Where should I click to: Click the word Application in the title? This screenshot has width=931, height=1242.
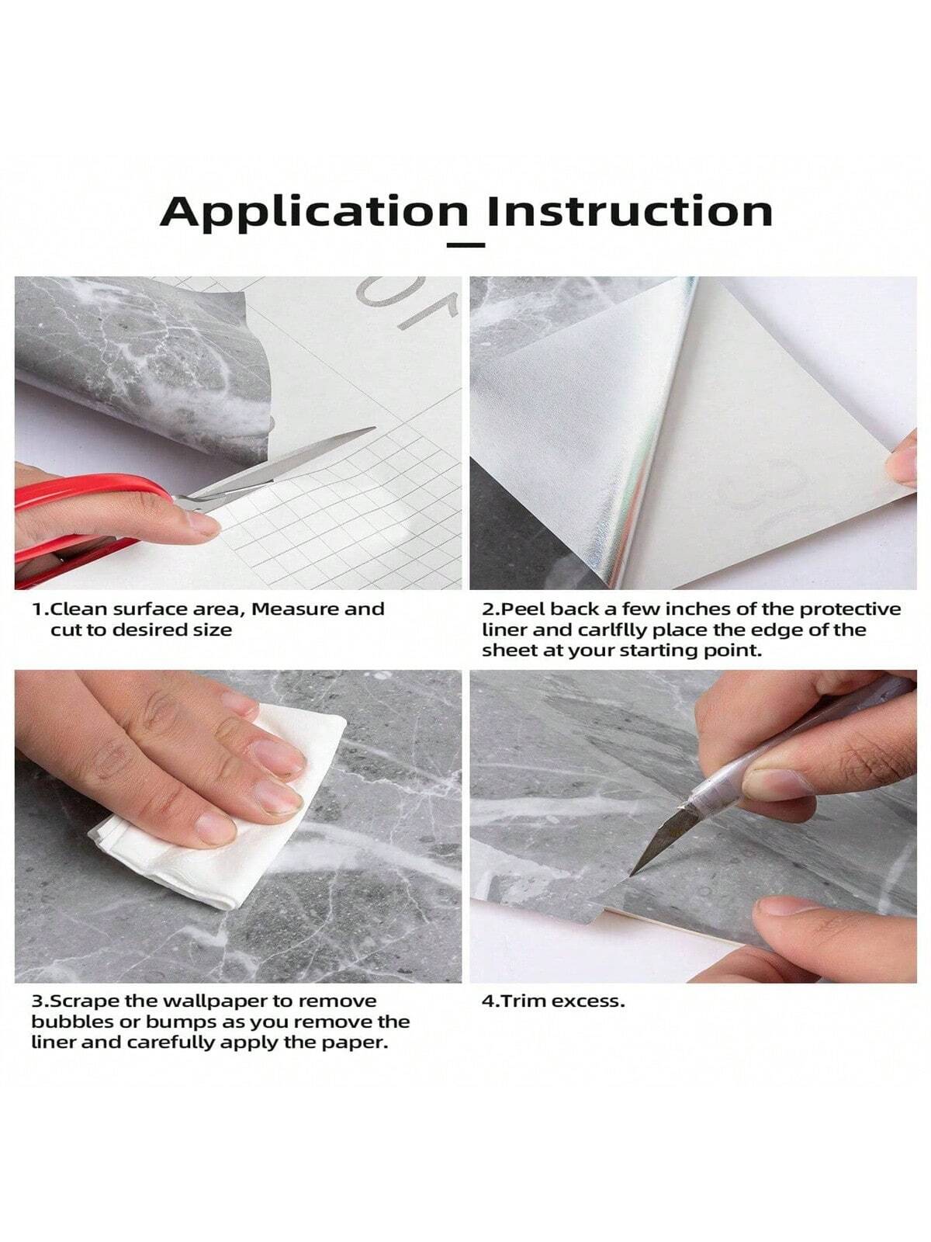click(310, 211)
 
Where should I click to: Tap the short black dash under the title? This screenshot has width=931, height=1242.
click(467, 245)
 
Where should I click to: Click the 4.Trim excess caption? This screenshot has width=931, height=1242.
click(552, 1001)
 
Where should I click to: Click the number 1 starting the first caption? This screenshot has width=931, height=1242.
click(36, 609)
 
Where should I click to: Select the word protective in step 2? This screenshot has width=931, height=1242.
click(852, 609)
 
